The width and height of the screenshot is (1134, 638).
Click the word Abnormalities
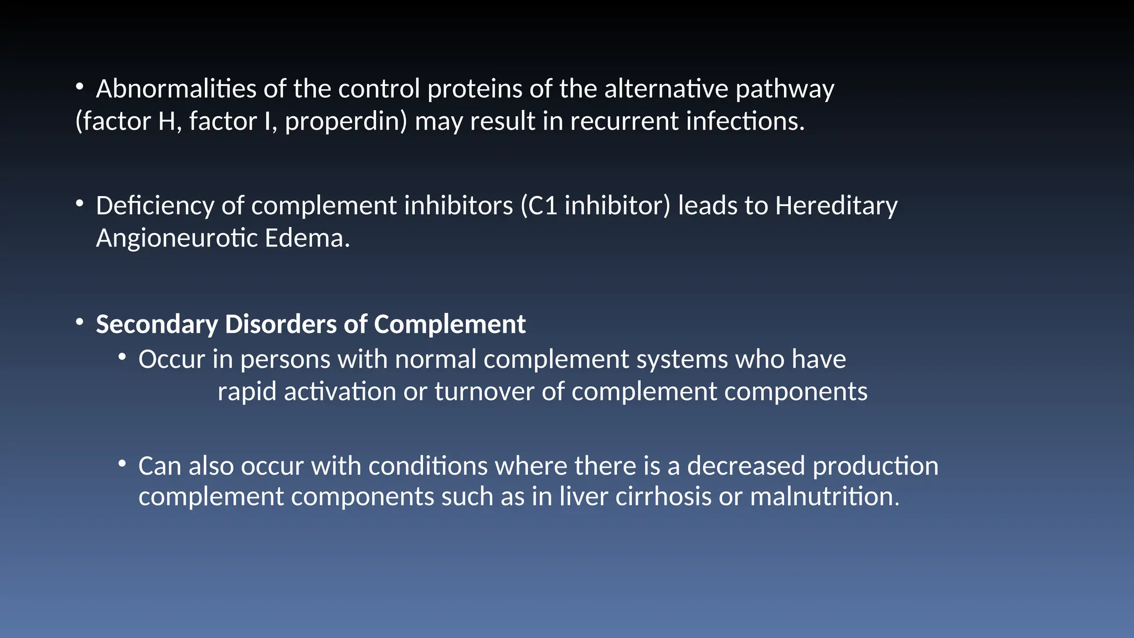pyautogui.click(x=176, y=89)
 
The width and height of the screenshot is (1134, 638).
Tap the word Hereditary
pyautogui.click(x=836, y=206)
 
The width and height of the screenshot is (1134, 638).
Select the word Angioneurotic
pyautogui.click(x=177, y=239)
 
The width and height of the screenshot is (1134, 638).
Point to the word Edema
pyautogui.click(x=307, y=238)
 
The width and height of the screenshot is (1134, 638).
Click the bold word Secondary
pyautogui.click(x=157, y=325)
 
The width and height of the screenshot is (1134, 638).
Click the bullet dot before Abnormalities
pyautogui.click(x=80, y=87)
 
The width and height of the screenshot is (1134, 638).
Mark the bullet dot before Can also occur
pyautogui.click(x=122, y=464)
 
